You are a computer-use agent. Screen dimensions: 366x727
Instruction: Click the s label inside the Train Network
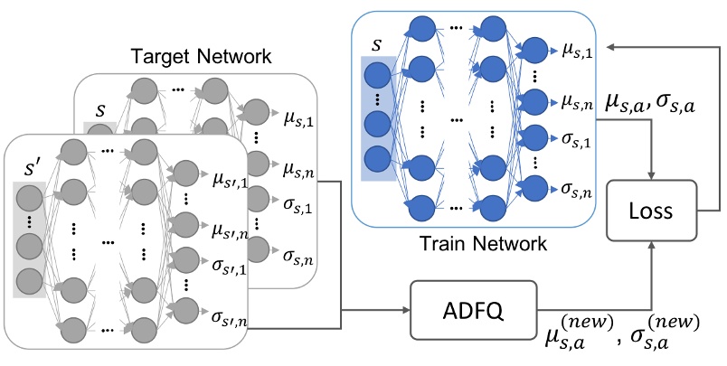(377, 44)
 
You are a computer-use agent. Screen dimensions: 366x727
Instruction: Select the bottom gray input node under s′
(30, 279)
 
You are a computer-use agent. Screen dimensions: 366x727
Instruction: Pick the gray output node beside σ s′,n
(186, 320)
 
